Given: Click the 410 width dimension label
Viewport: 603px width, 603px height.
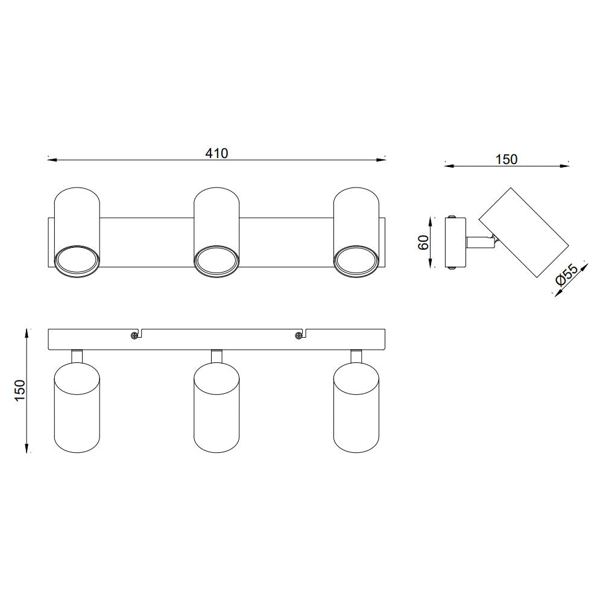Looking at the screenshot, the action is point(216,153).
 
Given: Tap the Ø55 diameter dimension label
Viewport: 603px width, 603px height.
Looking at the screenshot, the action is point(567,274).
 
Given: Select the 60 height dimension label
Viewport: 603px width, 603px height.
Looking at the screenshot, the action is point(423,242).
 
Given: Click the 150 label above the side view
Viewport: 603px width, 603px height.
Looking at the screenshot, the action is point(506,159).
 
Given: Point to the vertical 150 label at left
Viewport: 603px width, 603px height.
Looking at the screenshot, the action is point(20,390).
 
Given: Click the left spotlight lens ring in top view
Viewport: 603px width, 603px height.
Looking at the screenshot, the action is point(77,261).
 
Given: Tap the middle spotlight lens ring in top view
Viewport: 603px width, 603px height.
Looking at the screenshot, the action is point(216,261).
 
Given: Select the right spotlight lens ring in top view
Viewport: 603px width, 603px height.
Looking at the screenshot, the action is point(356,261).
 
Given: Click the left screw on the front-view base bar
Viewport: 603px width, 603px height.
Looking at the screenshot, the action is point(134,335).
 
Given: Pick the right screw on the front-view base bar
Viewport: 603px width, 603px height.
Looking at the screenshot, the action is point(298,335).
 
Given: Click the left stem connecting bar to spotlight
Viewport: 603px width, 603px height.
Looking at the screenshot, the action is point(77,356).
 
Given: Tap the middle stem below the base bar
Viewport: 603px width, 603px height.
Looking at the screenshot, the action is point(216,356).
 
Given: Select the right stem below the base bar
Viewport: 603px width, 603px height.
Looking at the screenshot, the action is point(356,356).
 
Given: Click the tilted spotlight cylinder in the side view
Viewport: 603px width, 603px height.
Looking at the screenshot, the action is point(523,233).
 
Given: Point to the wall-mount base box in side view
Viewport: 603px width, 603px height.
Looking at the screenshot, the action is point(455,242).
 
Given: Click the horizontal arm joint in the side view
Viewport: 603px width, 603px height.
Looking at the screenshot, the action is point(479,242).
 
